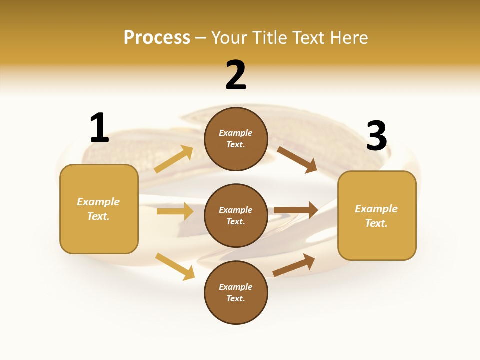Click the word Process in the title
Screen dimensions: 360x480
pyautogui.click(x=157, y=38)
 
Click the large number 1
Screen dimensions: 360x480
pyautogui.click(x=99, y=128)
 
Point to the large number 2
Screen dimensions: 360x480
pyautogui.click(x=236, y=75)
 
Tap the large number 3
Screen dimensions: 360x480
pyautogui.click(x=376, y=136)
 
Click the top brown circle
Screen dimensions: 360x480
pyautogui.click(x=236, y=139)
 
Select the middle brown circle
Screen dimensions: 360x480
pyautogui.click(x=236, y=215)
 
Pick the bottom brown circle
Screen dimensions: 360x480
pyautogui.click(x=236, y=292)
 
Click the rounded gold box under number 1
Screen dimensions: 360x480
pyautogui.click(x=99, y=209)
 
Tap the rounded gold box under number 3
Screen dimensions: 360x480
pyautogui.click(x=377, y=215)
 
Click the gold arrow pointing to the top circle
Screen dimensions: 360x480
pyautogui.click(x=174, y=159)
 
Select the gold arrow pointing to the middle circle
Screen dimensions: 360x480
pyautogui.click(x=175, y=211)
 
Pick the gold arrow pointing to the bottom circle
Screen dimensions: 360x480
pyautogui.click(x=175, y=266)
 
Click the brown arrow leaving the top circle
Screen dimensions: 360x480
pyautogui.click(x=297, y=159)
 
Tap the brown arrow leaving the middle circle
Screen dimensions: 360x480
pyautogui.click(x=295, y=210)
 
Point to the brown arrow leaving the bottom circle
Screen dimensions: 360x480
pyautogui.click(x=294, y=265)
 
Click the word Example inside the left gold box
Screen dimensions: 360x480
pyautogui.click(x=98, y=202)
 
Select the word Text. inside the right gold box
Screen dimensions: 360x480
pyautogui.click(x=376, y=223)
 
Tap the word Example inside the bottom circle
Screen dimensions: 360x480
pyautogui.click(x=236, y=287)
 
